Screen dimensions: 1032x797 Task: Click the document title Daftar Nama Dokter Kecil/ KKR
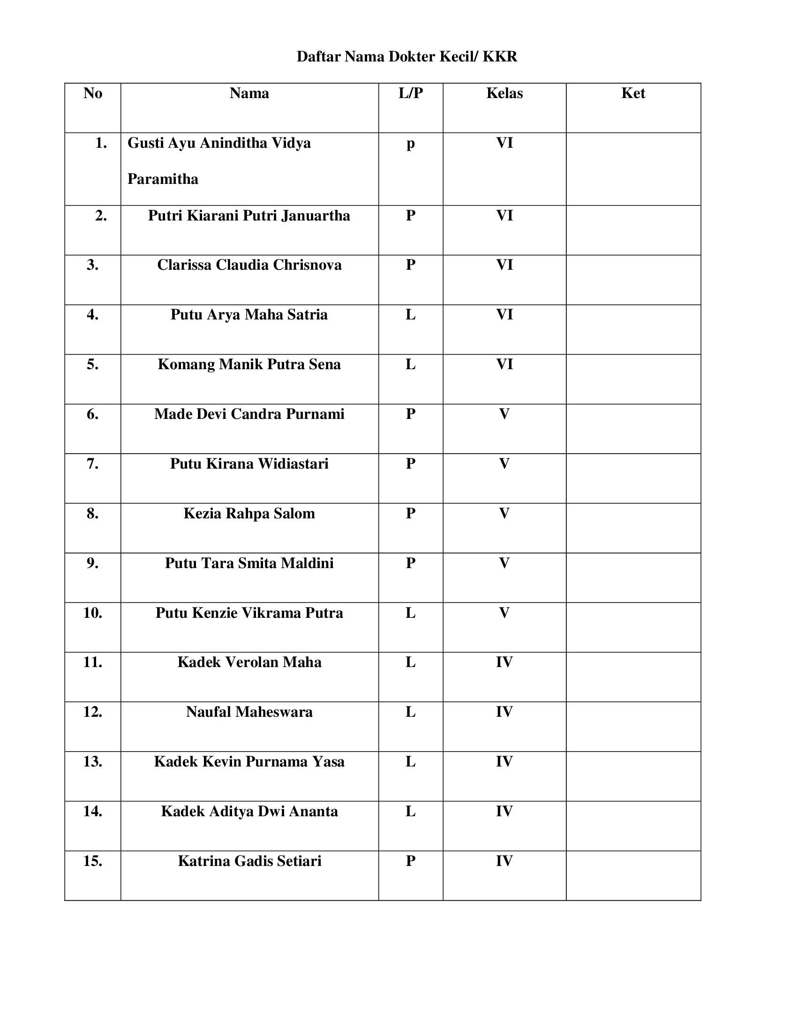coord(406,57)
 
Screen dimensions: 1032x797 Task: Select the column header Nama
coord(249,93)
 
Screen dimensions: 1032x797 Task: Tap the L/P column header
coord(410,93)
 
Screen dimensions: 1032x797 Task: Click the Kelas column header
coord(504,93)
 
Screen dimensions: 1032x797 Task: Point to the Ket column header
coord(633,93)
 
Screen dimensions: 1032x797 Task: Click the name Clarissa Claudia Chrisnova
coord(249,265)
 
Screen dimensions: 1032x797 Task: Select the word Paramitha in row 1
coord(163,179)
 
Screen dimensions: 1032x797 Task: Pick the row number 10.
coord(92,613)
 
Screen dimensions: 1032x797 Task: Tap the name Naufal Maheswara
coord(249,712)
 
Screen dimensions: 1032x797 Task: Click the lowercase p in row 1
coord(410,144)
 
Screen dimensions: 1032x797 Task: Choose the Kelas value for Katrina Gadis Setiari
coord(504,861)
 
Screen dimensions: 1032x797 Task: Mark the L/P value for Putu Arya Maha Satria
coord(410,315)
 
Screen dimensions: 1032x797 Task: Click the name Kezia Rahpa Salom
coord(249,514)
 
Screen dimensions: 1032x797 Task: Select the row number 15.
coord(92,861)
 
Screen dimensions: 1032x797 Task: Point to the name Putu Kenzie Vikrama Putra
coord(249,613)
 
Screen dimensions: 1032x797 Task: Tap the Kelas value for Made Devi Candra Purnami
coord(504,414)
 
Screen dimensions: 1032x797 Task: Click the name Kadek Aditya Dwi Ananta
coord(249,812)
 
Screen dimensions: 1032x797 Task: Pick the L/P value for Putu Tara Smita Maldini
coord(410,563)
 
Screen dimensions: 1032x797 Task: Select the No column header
coord(92,93)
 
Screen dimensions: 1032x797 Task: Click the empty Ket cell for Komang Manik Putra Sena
coord(633,379)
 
